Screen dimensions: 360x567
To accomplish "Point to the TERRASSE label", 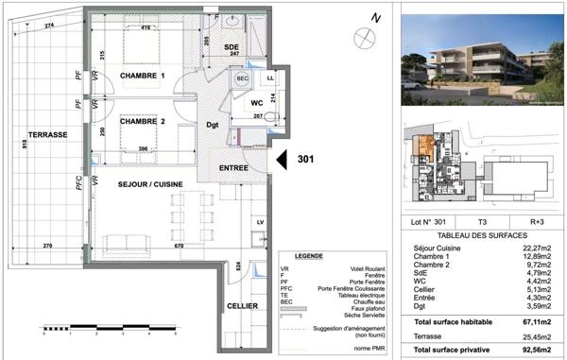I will point(45,135).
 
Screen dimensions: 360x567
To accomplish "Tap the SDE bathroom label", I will point(231,47).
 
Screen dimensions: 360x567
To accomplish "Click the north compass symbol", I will point(364,36).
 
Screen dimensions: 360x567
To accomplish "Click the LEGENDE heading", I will point(309,256).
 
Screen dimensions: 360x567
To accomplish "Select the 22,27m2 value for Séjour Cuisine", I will point(536,248).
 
